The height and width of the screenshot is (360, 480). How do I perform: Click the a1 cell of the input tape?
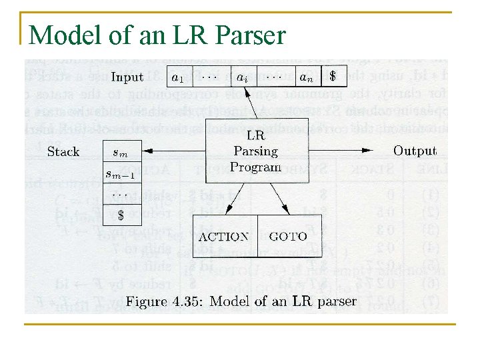click(177, 77)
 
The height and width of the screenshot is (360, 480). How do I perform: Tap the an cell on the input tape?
click(306, 77)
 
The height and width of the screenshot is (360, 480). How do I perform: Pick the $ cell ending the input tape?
click(333, 77)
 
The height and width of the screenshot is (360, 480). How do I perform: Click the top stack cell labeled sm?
click(121, 153)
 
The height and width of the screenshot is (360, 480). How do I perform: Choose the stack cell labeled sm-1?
click(121, 174)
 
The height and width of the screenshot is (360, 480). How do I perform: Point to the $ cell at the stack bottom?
click(121, 215)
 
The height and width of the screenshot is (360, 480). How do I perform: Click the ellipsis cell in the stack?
click(121, 195)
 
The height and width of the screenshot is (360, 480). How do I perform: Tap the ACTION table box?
click(224, 237)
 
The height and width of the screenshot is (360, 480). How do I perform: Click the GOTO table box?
click(287, 237)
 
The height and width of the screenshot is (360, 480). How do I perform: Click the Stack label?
click(63, 152)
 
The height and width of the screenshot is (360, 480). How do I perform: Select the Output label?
click(415, 151)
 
